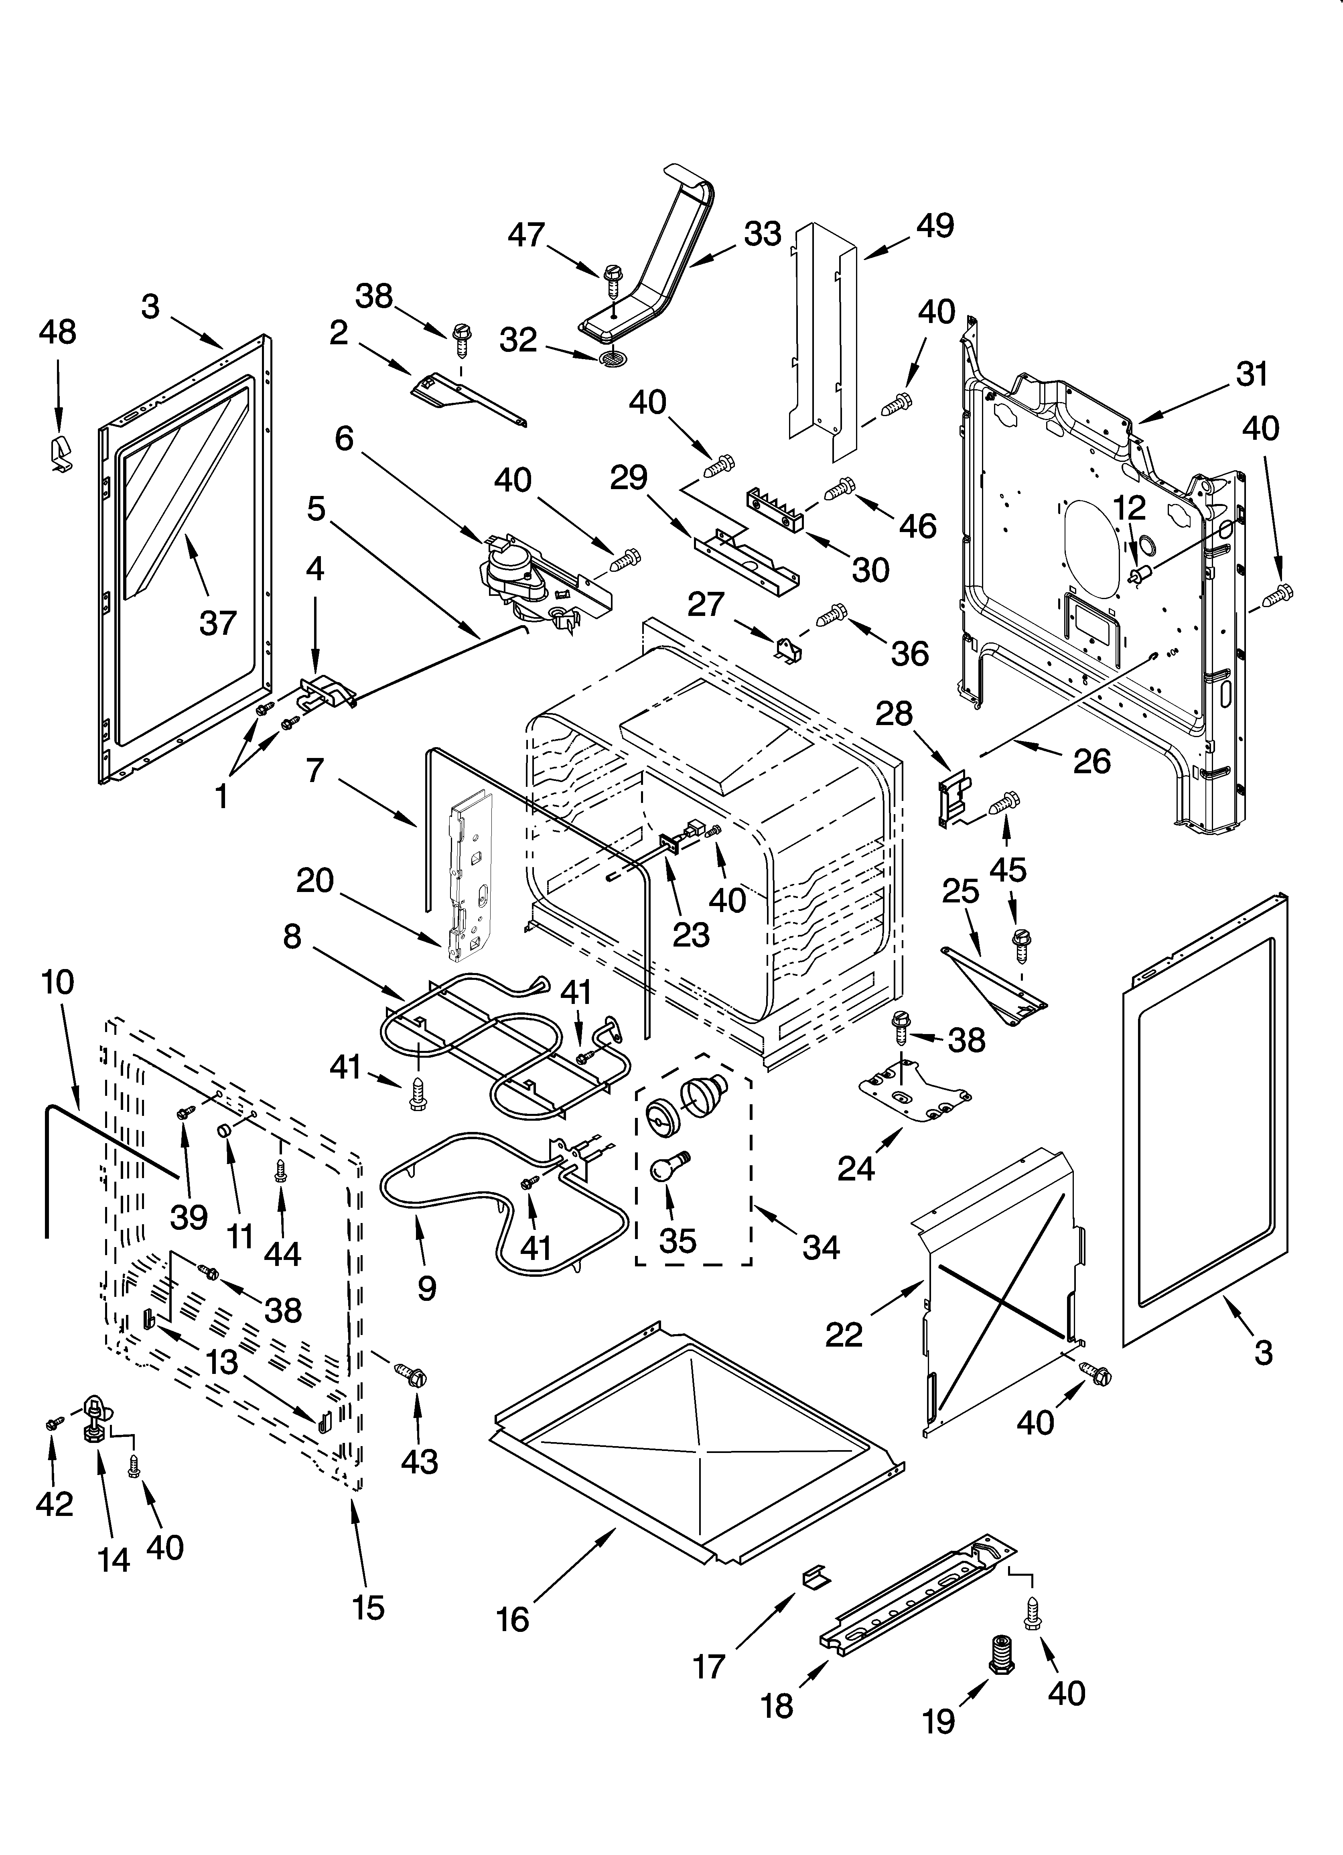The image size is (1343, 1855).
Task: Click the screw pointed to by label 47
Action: pos(613,280)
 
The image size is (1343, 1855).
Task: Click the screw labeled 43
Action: pos(412,1377)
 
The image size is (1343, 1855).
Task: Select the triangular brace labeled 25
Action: pos(995,985)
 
